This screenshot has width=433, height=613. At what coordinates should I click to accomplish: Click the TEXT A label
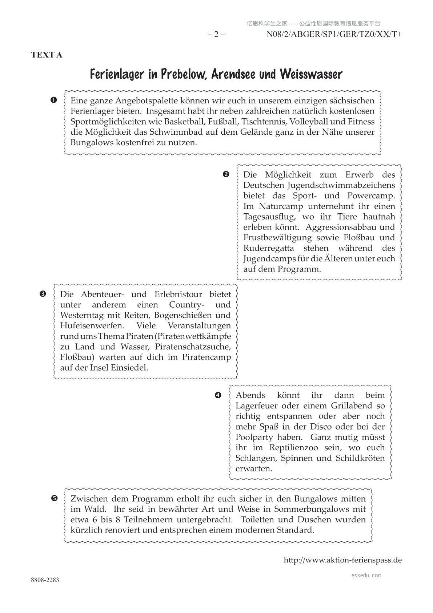click(x=47, y=55)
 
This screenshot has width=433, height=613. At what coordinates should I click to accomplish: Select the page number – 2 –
click(x=216, y=35)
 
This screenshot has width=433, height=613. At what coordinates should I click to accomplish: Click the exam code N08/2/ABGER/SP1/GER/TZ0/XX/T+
click(x=334, y=35)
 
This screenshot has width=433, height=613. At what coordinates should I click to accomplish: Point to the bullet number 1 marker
click(x=54, y=100)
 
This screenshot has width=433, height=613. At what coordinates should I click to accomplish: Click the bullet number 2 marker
click(x=226, y=174)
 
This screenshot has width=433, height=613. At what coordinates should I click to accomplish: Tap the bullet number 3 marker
click(x=43, y=293)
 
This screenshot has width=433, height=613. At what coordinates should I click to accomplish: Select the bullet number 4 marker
click(x=218, y=395)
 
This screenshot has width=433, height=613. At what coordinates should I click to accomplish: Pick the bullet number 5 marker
click(x=54, y=498)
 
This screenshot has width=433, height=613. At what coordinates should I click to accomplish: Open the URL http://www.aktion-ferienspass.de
click(x=342, y=560)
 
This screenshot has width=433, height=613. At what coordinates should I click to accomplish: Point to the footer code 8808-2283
click(x=45, y=580)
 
